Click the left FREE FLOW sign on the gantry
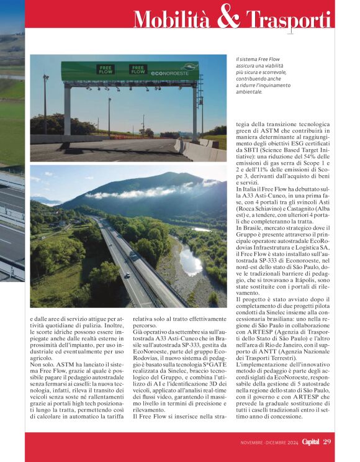tap(105, 70)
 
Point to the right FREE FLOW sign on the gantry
tap(137, 70)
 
